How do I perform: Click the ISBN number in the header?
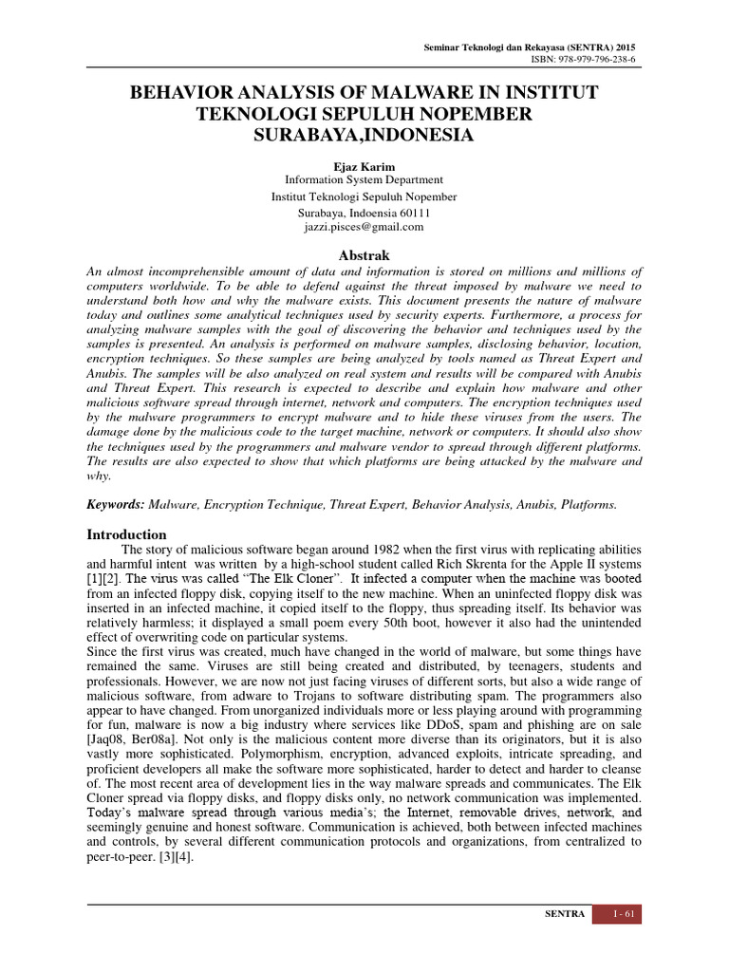pyautogui.click(x=589, y=59)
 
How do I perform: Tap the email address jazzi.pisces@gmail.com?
pyautogui.click(x=364, y=227)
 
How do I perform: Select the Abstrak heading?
pyautogui.click(x=364, y=255)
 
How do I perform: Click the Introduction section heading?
pyautogui.click(x=126, y=534)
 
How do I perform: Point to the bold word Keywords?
pyautogui.click(x=115, y=505)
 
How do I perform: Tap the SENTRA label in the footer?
pyautogui.click(x=564, y=914)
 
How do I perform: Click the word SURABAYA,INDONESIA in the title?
pyautogui.click(x=364, y=135)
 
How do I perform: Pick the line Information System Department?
pyautogui.click(x=364, y=179)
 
